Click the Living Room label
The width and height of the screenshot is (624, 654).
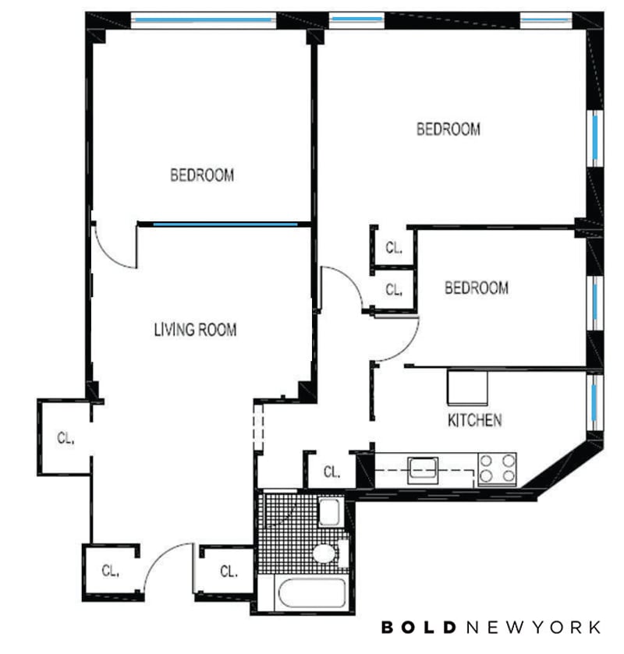195,330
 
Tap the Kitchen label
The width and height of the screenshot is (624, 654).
474,420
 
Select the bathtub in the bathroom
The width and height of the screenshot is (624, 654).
312,592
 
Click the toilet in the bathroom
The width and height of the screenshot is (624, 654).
328,553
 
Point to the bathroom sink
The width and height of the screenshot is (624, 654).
329,512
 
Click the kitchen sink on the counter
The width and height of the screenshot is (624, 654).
424,470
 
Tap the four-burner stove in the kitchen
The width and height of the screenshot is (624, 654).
497,468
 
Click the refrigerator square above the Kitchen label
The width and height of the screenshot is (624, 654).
467,387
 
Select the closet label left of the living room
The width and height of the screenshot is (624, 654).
66,438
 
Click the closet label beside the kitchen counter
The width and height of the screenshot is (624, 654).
331,472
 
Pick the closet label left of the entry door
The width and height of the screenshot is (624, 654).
110,570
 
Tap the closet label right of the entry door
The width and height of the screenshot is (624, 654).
229,571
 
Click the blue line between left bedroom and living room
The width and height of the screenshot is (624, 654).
225,224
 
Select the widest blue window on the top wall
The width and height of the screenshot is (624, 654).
204,19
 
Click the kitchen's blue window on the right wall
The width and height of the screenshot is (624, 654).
594,402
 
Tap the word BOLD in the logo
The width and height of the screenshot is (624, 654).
419,627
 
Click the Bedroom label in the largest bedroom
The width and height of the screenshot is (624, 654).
448,129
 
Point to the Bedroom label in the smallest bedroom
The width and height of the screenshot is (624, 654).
477,288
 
